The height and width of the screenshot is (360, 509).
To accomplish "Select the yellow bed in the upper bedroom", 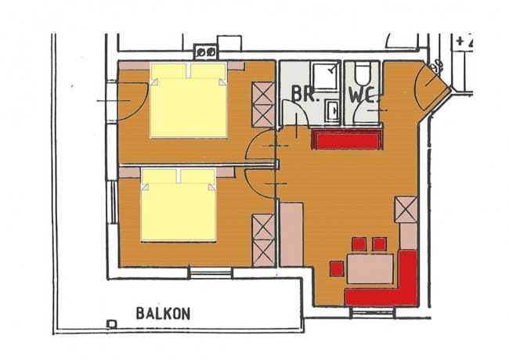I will coord(189,100).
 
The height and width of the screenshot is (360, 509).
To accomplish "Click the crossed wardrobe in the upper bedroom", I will coord(262,104).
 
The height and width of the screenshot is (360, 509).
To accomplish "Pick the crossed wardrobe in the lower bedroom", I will coord(263,239).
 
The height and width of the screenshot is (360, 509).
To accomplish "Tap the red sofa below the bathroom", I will coord(345,140).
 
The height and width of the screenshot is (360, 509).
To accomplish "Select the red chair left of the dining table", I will coord(337,268).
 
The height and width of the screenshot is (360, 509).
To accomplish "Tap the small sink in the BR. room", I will coord(332,110).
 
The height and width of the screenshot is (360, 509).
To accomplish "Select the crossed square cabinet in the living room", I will coord(406,209).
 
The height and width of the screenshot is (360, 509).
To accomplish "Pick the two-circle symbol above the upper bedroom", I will coord(206,52).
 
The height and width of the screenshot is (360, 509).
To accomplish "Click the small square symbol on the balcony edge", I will coord(111,323).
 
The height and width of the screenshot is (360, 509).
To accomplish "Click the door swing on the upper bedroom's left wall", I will coord(128,100).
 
